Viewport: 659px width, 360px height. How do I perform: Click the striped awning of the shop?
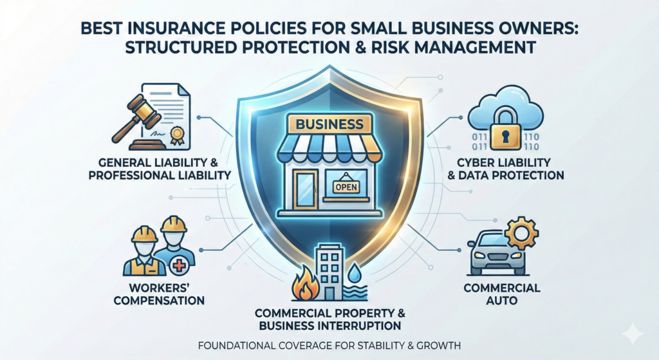pos(329,149)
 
